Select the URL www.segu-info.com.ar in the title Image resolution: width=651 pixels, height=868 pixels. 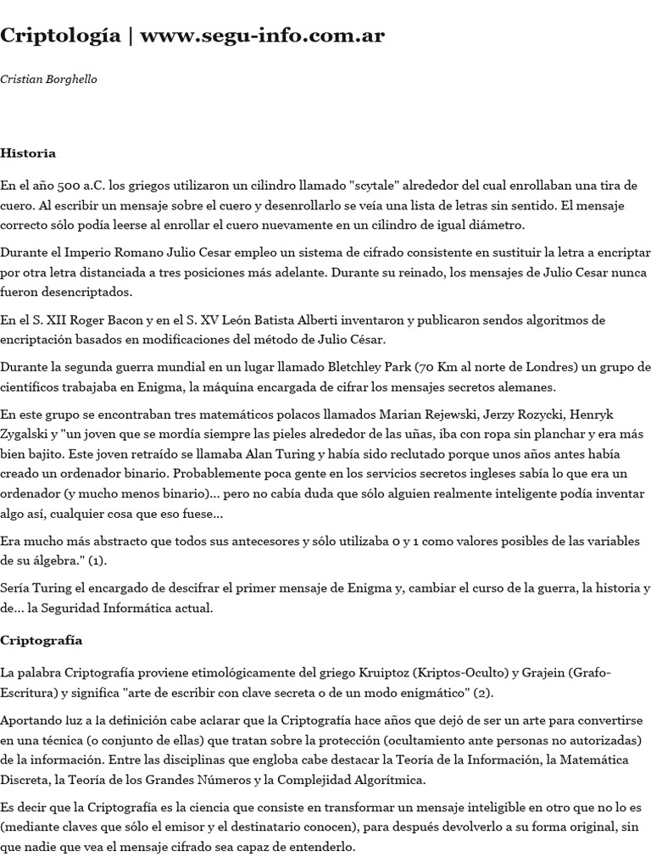point(262,36)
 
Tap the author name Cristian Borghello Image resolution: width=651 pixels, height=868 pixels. point(48,79)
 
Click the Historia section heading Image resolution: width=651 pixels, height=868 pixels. point(28,153)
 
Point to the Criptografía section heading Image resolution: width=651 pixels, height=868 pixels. point(41,640)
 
